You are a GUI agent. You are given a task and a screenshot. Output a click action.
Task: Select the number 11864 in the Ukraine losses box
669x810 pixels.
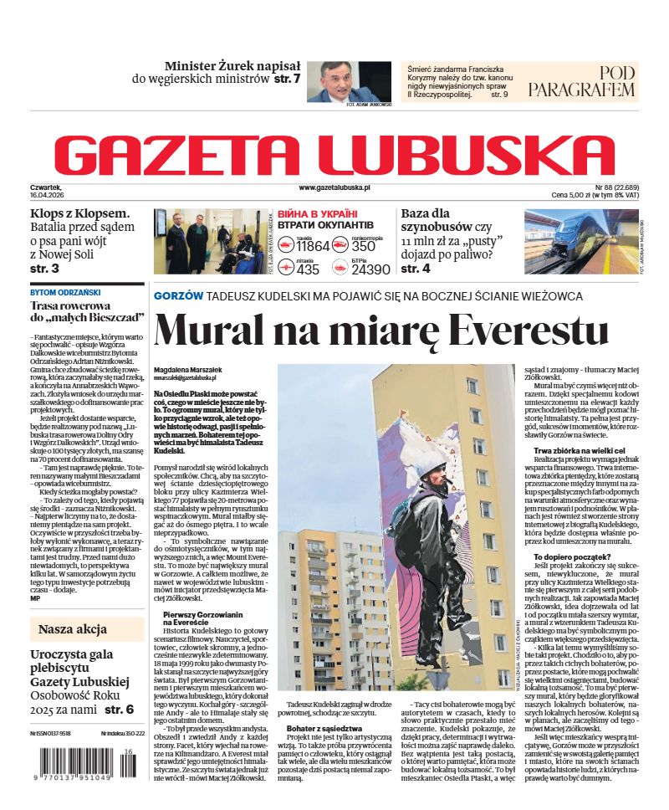[313, 247]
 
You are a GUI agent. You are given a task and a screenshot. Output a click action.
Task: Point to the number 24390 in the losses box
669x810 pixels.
[370, 269]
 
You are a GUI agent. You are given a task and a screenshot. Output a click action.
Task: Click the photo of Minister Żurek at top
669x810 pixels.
[349, 81]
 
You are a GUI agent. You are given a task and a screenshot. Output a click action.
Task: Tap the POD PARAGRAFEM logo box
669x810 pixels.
[581, 81]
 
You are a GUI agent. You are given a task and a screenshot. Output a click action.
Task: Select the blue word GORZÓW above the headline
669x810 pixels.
[178, 296]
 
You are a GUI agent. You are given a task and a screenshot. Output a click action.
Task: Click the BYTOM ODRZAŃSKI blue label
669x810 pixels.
[65, 293]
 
